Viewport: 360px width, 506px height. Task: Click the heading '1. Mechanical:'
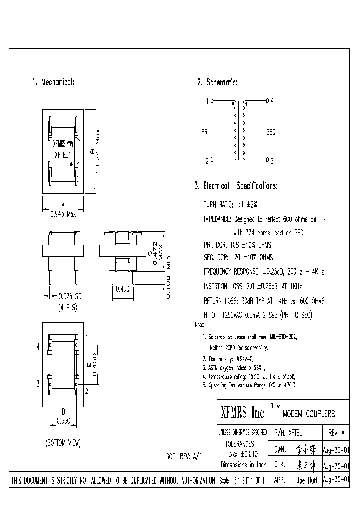(53, 81)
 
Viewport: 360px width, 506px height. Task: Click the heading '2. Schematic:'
(217, 82)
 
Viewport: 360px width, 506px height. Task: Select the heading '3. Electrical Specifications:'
(236, 186)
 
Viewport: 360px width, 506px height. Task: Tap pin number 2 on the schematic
(207, 161)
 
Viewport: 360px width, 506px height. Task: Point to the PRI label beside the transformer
(205, 132)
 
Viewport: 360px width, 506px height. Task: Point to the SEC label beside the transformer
(270, 132)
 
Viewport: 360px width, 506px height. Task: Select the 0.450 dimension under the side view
(123, 289)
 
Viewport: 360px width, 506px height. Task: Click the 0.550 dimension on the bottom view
(63, 421)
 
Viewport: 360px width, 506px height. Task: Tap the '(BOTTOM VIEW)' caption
(63, 443)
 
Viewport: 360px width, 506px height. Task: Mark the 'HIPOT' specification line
(257, 315)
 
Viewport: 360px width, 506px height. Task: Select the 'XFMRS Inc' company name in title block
(242, 412)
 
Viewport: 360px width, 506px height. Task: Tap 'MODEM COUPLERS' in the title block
(309, 414)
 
